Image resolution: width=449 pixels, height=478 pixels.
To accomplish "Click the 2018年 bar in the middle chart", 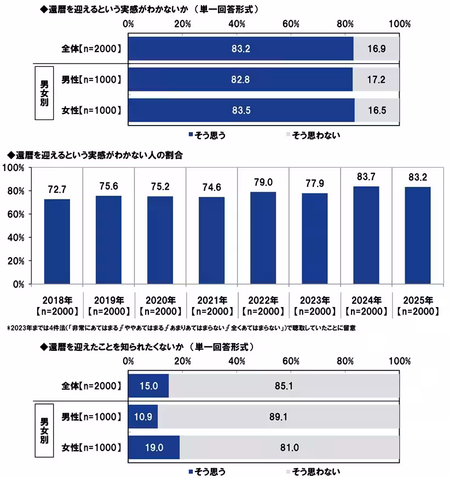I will coord(57,241).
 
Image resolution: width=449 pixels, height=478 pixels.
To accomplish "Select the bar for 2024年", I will coord(366,235).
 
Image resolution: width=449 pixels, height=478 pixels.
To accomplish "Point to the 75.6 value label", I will coord(108,186).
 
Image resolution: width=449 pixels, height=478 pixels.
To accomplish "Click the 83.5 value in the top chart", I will coord(241,111).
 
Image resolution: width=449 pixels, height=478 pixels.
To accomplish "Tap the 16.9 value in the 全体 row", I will coord(376,49).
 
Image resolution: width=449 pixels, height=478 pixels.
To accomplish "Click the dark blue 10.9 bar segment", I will coord(143,417).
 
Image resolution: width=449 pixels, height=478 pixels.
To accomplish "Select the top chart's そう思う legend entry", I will coord(206,135).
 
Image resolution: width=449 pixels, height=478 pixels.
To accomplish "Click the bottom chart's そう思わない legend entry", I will coord(314,471).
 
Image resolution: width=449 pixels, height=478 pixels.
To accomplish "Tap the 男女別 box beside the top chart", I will coord(45,93).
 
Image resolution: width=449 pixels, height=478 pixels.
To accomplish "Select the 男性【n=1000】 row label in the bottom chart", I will coord(91,417).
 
